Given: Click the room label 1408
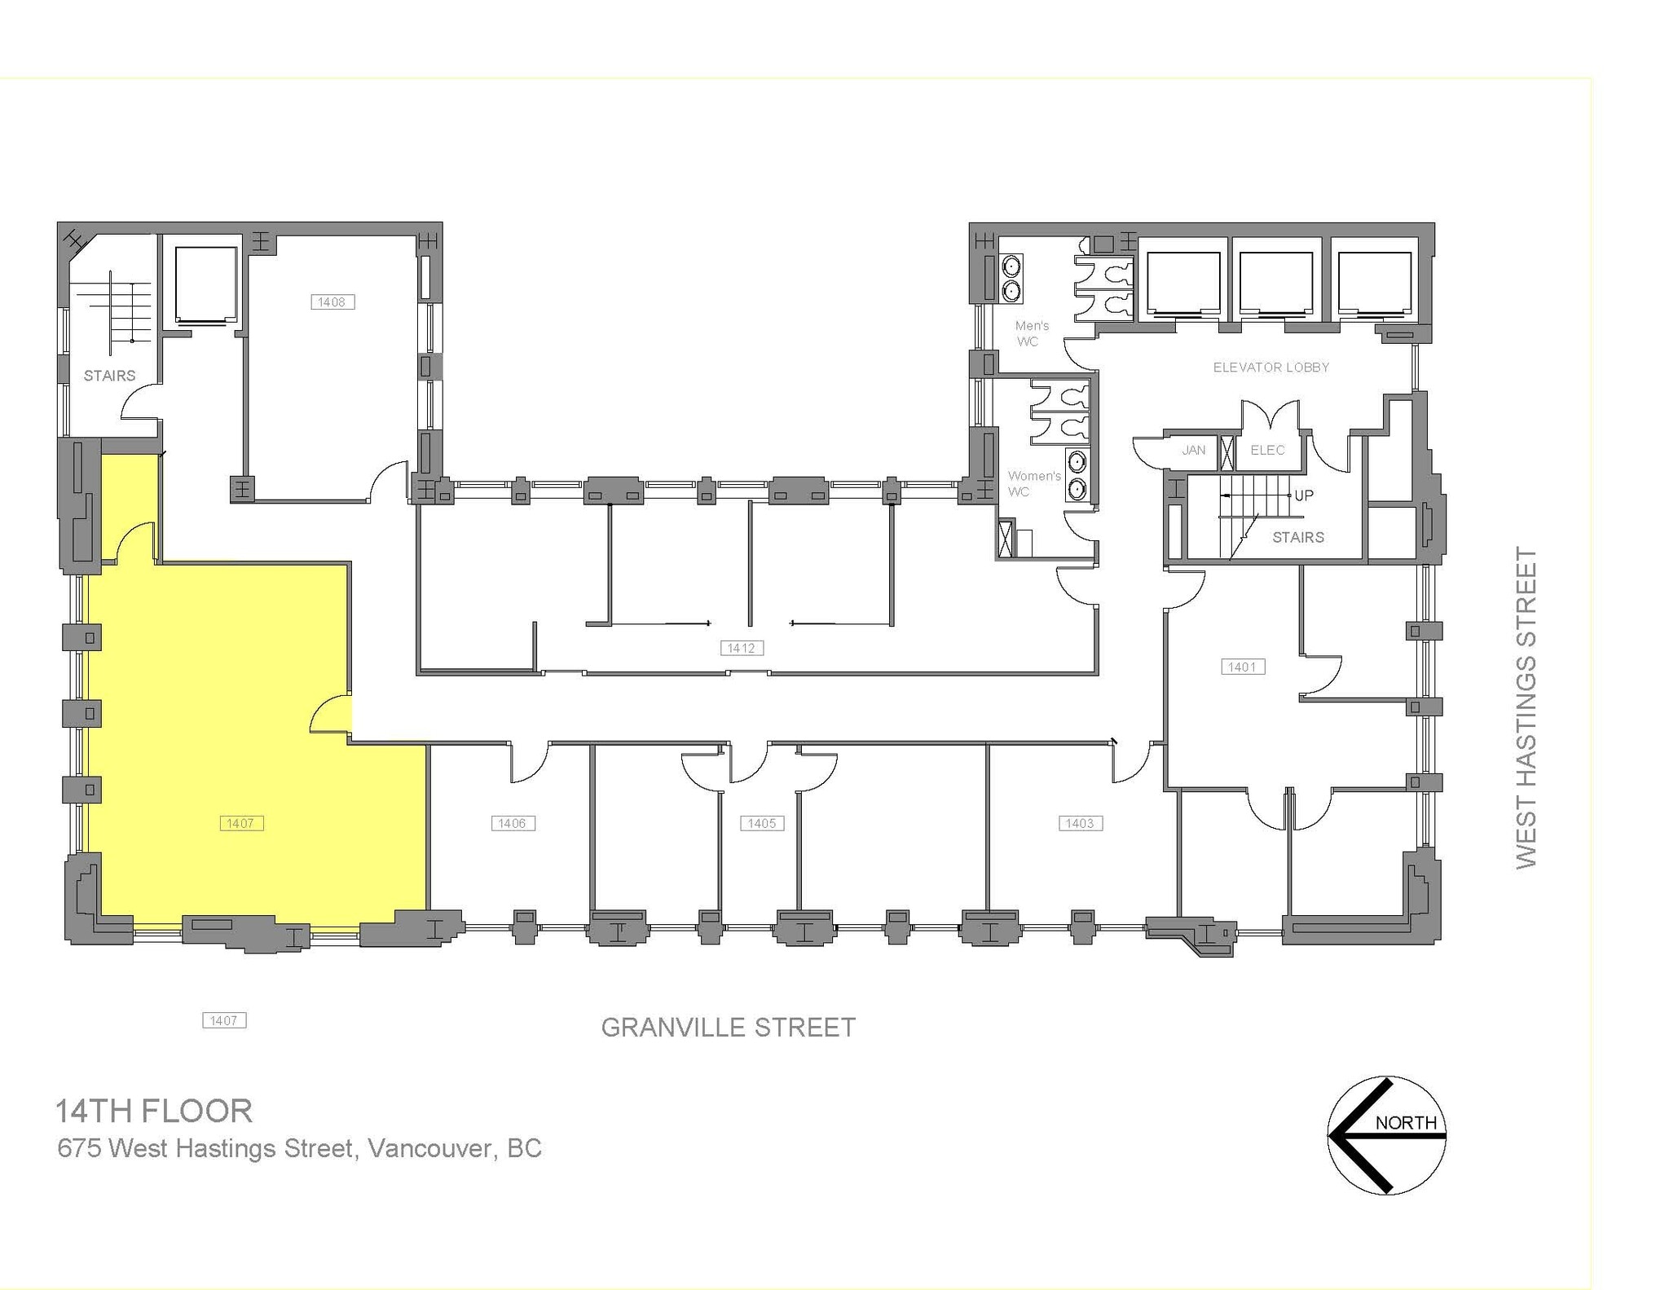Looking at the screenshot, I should click(332, 302).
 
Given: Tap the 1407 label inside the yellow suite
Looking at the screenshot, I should click(241, 823).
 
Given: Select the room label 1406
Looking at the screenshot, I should click(513, 823).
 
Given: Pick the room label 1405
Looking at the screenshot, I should click(762, 823).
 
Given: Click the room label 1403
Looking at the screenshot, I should click(1080, 823).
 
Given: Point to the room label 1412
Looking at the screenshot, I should click(742, 648).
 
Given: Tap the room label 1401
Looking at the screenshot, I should click(1242, 667).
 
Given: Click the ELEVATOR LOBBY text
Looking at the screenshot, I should click(1270, 368).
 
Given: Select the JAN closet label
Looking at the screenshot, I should click(1193, 450).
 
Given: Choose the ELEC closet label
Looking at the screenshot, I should click(1267, 450).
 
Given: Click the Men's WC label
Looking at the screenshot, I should click(1031, 333).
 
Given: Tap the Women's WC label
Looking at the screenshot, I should click(1033, 483).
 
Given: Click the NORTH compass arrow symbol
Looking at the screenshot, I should click(1386, 1134).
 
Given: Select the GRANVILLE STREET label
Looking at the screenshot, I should click(728, 1028).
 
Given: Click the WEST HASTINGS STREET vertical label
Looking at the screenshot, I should click(1526, 707).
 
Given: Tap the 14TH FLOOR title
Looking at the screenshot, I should click(153, 1111).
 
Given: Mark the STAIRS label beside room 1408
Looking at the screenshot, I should click(109, 376).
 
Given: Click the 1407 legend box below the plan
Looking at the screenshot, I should click(224, 1020).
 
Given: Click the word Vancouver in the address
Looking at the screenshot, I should click(429, 1148).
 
